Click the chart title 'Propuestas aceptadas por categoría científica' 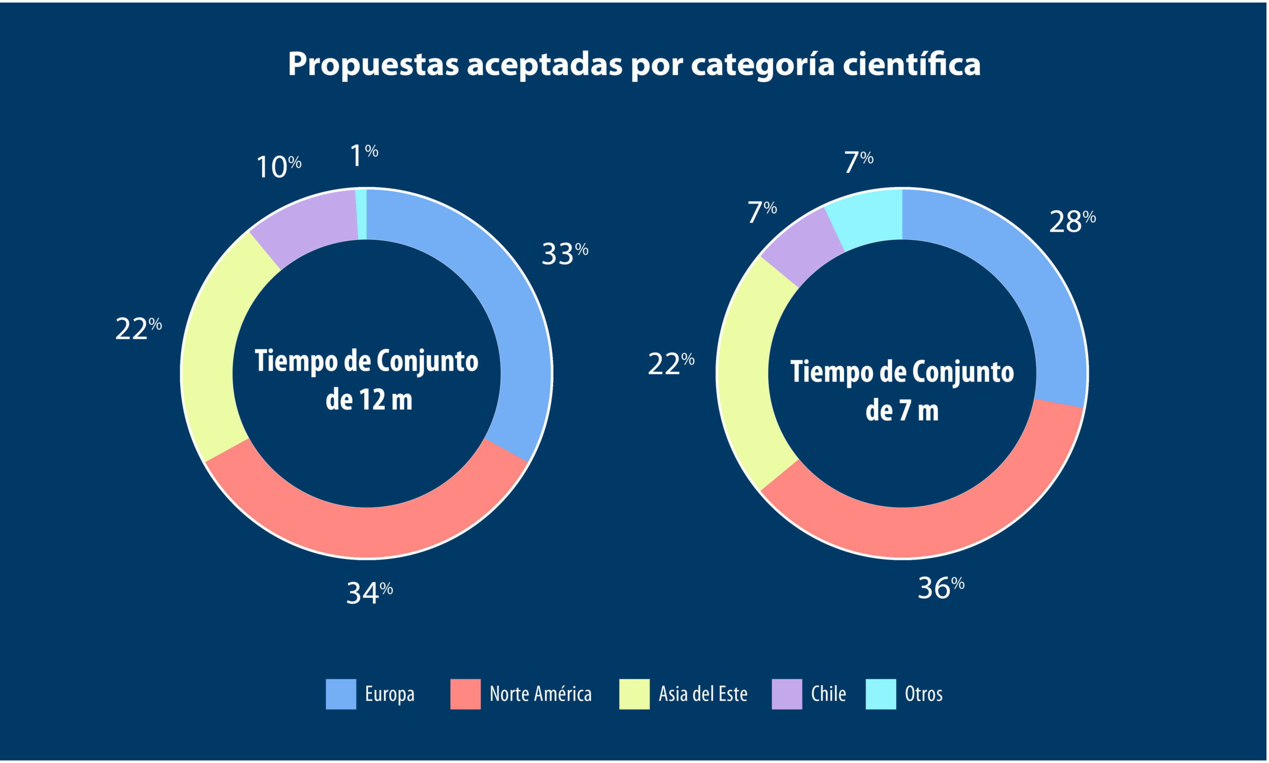(x=634, y=64)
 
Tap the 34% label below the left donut (x=369, y=593)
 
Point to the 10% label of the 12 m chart (x=278, y=167)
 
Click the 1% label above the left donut (x=364, y=155)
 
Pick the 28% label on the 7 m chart (x=1071, y=222)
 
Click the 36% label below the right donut (x=940, y=588)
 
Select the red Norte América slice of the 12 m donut (x=367, y=531)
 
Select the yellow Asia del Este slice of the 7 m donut (x=746, y=373)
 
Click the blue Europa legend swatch (x=341, y=694)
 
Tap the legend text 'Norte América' (x=540, y=694)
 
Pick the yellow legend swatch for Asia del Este (x=634, y=694)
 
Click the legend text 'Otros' (x=923, y=694)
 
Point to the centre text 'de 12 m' (x=369, y=400)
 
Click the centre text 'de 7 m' (x=902, y=411)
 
